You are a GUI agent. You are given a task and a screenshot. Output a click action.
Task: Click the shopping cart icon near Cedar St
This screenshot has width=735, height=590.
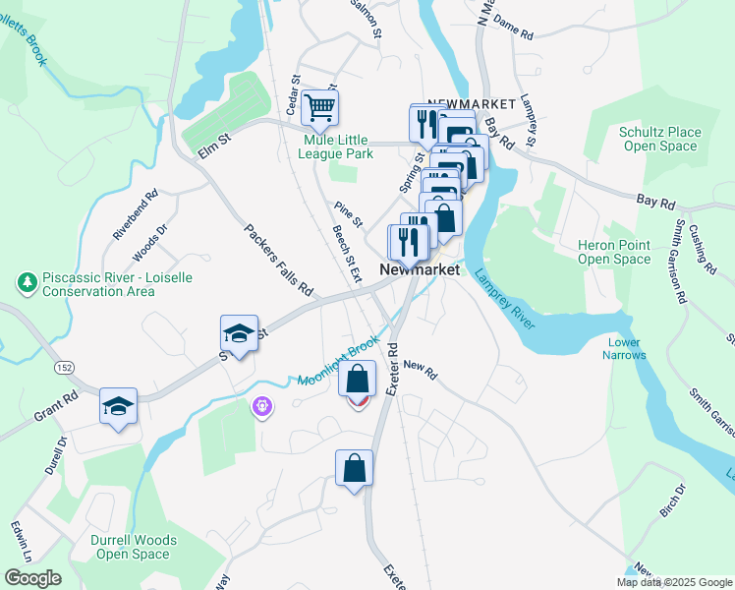tap(320, 108)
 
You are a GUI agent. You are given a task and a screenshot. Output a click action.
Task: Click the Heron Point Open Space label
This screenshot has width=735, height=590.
tap(614, 252)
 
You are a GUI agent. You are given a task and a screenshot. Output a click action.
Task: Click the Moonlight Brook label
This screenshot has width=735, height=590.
tap(338, 363)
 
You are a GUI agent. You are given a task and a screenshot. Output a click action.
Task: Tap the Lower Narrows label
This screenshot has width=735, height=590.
tap(623, 348)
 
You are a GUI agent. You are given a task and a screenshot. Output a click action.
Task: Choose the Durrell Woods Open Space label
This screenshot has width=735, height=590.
tap(134, 547)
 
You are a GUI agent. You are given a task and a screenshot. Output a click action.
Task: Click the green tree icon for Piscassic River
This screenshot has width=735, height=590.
tap(27, 283)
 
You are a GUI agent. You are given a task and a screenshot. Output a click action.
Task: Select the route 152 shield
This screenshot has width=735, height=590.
tap(65, 367)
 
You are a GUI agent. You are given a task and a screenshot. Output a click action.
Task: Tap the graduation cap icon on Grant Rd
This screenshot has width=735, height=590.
tap(118, 406)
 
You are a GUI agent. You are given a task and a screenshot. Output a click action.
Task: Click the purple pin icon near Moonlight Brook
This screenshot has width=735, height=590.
tap(261, 405)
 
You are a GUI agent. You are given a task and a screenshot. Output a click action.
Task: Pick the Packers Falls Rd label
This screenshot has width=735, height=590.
tap(277, 261)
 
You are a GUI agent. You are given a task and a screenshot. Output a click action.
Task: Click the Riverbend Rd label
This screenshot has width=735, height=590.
tap(135, 215)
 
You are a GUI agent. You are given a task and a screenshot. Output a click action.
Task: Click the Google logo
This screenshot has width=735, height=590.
tap(32, 578)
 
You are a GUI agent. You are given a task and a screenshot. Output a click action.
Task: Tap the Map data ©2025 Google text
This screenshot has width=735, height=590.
tap(675, 582)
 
